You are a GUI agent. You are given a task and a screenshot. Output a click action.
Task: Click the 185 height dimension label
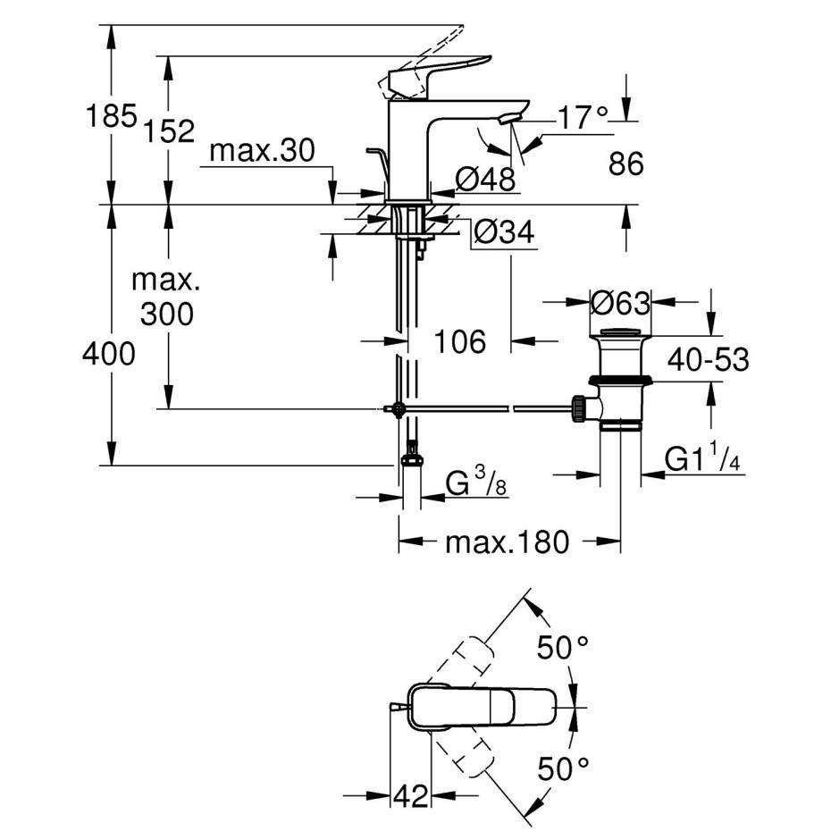(x=110, y=116)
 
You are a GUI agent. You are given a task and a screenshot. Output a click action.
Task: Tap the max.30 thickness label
(x=262, y=152)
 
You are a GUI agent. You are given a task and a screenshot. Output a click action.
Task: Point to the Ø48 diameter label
(x=485, y=180)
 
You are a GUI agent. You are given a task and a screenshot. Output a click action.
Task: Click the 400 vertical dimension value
(x=108, y=355)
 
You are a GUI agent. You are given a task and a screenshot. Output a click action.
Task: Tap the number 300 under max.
(x=167, y=314)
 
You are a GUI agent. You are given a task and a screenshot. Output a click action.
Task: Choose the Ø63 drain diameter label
(x=620, y=304)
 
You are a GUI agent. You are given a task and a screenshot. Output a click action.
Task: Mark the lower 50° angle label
(x=563, y=767)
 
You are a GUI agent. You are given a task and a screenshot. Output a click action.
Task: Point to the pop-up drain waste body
(x=620, y=384)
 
